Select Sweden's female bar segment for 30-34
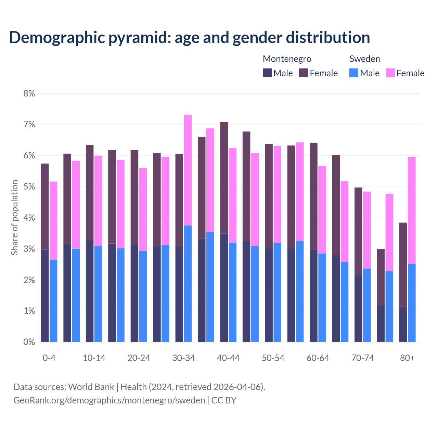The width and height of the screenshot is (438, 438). coord(188,170)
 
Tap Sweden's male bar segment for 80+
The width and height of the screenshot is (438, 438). coord(412,303)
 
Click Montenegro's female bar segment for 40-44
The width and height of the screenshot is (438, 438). coord(224,178)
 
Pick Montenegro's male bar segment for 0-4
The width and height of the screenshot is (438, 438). coord(45,296)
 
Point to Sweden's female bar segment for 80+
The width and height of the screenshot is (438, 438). coord(412,210)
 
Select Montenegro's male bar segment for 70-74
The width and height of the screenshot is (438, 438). coord(358,308)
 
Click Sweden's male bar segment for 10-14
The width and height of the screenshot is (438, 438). coord(98,294)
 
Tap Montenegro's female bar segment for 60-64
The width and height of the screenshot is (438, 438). coord(313,196)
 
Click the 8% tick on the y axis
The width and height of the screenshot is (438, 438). coord(29,93)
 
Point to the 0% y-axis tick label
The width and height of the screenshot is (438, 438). coord(29,342)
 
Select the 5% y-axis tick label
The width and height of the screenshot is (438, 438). coord(29,187)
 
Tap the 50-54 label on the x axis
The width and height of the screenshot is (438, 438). coord(273,358)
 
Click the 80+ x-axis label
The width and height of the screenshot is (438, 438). coord(407,358)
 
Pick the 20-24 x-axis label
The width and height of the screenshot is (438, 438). coord(139,358)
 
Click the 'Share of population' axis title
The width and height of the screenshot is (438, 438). coord(14,218)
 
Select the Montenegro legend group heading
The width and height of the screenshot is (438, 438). coord(287,59)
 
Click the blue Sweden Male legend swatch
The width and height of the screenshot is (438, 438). coord(354,73)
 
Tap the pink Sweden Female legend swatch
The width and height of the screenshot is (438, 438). coord(390,73)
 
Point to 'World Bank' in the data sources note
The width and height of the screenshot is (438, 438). coord(91,387)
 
